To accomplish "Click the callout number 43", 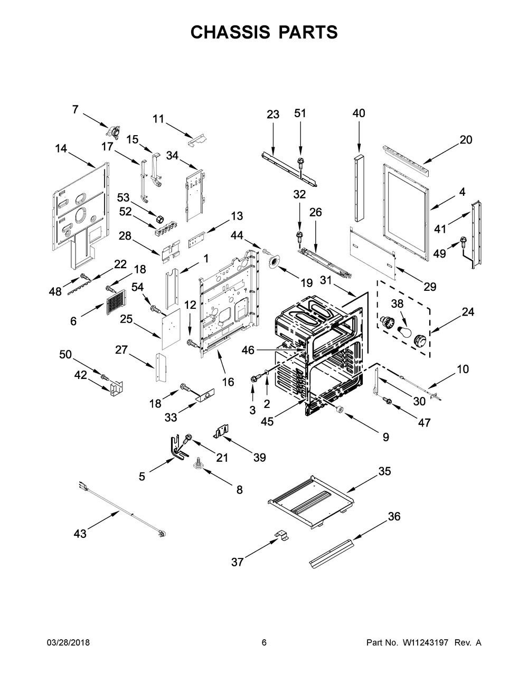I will pos(80,534).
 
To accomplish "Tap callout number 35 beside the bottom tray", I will pos(384,471).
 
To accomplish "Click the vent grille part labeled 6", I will pos(115,303).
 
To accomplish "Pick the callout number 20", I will pos(466,140).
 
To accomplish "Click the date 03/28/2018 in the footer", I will pos(68,643).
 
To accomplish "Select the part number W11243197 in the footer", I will pos(425,643).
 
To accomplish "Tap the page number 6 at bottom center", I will pos(264,643).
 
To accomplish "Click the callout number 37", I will pos(238,563).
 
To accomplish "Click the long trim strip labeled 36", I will pos(332,554).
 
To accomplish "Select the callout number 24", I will pos(468,312).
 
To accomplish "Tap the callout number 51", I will pos(300,113).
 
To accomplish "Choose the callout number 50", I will pos(65,355).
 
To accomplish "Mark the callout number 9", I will pos(385,437).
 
